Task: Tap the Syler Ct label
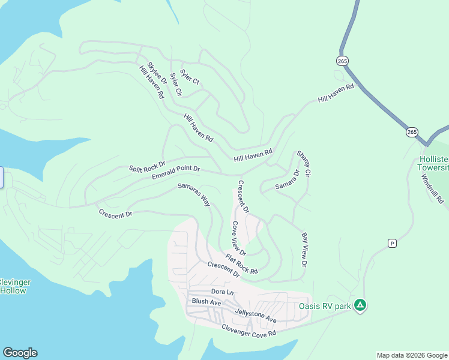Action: pos(190,77)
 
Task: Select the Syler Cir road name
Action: pos(175,84)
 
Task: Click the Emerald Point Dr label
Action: pos(175,173)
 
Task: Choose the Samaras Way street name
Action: pos(194,195)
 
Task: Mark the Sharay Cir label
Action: pos(303,164)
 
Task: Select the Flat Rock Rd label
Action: pos(241,264)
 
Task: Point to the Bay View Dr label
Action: pos(304,250)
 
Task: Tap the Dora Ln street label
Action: pos(221,292)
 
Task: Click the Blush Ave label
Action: pos(206,302)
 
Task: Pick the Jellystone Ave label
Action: pos(256,312)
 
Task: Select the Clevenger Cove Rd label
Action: pos(248,329)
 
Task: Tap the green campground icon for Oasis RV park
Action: pos(360,306)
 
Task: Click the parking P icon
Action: pos(393,243)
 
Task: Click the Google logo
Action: pos(20,353)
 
